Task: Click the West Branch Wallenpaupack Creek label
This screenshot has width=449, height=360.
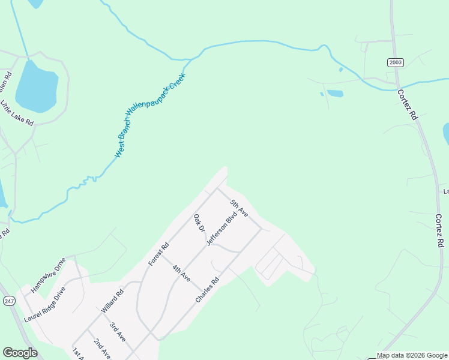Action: click(x=151, y=115)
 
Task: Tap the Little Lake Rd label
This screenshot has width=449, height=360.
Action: click(x=17, y=113)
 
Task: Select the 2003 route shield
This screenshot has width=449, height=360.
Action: click(x=396, y=62)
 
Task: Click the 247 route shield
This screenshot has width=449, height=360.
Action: click(x=9, y=301)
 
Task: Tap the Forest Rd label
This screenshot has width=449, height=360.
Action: click(x=159, y=254)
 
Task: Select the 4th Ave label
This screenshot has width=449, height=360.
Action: click(x=181, y=274)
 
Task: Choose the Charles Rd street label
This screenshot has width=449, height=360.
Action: click(x=208, y=289)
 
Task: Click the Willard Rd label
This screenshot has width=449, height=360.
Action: click(x=112, y=301)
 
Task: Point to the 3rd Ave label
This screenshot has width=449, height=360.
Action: click(x=117, y=332)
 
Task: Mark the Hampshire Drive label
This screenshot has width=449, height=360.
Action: click(x=48, y=275)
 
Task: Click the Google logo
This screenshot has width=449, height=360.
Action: click(x=20, y=353)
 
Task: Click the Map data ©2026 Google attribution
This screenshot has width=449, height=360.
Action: click(x=412, y=355)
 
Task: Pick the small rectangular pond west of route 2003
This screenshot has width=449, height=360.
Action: click(x=334, y=94)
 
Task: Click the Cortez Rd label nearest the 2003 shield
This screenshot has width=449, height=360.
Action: click(x=407, y=106)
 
